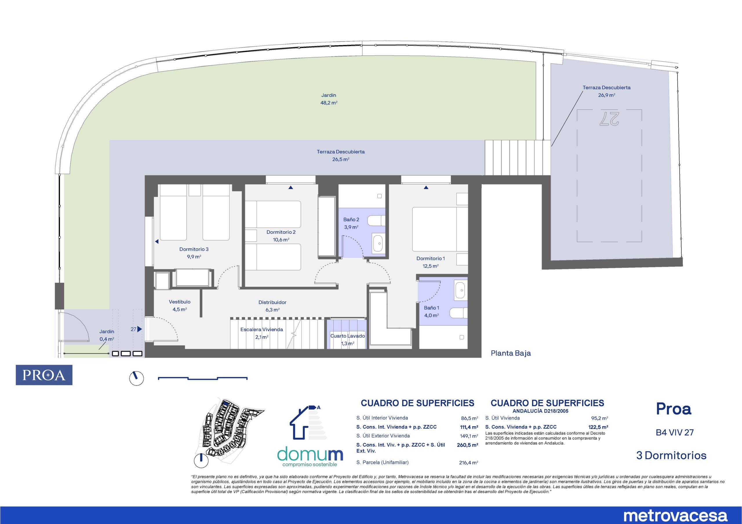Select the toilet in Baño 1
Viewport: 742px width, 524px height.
[458, 313]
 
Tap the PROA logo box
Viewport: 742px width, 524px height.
[44, 375]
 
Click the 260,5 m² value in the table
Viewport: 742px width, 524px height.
[467, 445]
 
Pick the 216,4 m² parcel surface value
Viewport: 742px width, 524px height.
[468, 463]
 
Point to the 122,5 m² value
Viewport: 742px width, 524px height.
[599, 427]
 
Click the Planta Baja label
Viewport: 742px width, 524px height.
[511, 353]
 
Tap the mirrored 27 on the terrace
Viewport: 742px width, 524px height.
[609, 118]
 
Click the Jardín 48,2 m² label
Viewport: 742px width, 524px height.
[329, 99]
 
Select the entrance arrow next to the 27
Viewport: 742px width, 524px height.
[140, 329]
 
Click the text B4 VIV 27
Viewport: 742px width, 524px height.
[674, 432]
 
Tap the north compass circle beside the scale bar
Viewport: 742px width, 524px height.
[137, 378]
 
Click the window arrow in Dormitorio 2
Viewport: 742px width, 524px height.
[290, 187]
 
